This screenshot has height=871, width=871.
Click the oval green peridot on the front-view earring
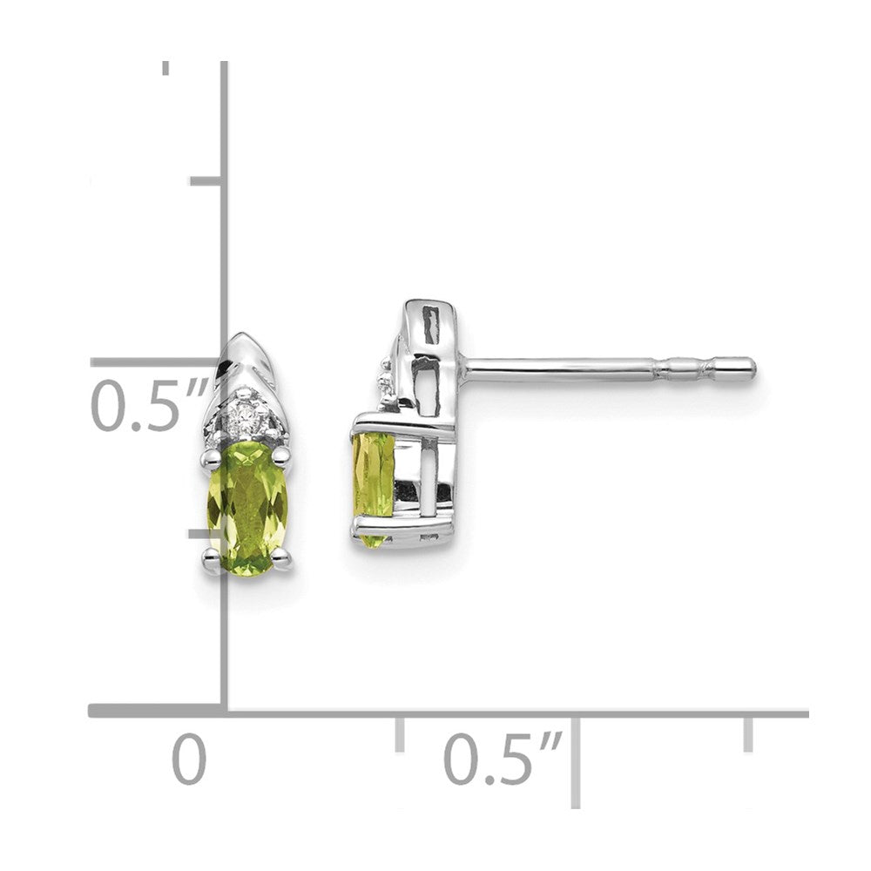pyautogui.click(x=247, y=510)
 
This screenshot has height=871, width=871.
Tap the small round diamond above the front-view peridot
pyautogui.click(x=246, y=425)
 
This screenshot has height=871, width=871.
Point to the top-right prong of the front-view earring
pyautogui.click(x=280, y=453)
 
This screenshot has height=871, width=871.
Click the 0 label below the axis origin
pyautogui.click(x=189, y=760)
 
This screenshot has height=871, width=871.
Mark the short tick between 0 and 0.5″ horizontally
pyautogui.click(x=399, y=733)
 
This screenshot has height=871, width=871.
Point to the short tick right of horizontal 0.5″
pyautogui.click(x=747, y=733)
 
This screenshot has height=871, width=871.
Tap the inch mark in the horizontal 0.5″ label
pyautogui.click(x=550, y=742)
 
